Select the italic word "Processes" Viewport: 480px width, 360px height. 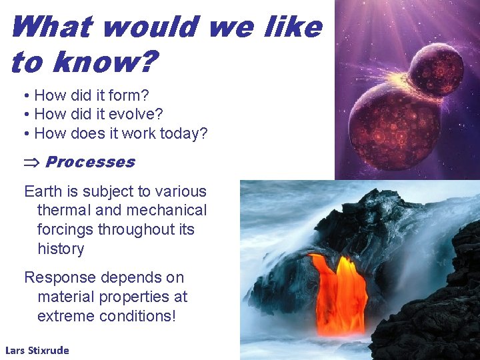click(90, 162)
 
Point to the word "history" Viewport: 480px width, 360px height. click(61, 249)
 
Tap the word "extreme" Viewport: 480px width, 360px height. click(65, 316)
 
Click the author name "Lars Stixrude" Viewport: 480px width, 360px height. click(37, 350)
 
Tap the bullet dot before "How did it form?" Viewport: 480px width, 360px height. click(25, 96)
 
